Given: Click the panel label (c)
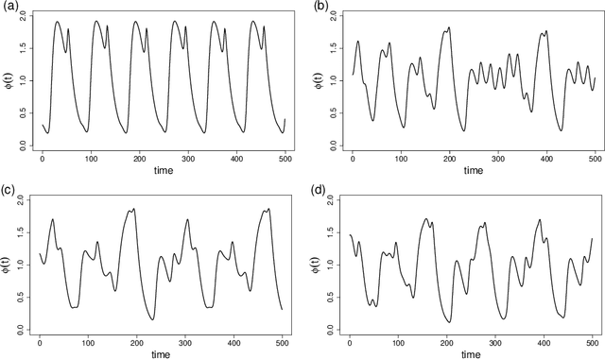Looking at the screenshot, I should pos(9,188).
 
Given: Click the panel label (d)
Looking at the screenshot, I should pos(319,188).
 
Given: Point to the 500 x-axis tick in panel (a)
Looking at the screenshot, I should pos(284,157).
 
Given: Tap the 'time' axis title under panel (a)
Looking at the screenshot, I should pos(162,170).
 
